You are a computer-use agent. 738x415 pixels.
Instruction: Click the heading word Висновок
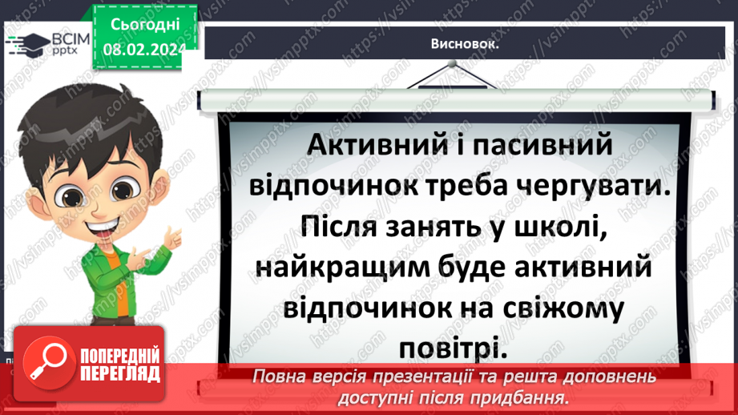click(465, 45)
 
